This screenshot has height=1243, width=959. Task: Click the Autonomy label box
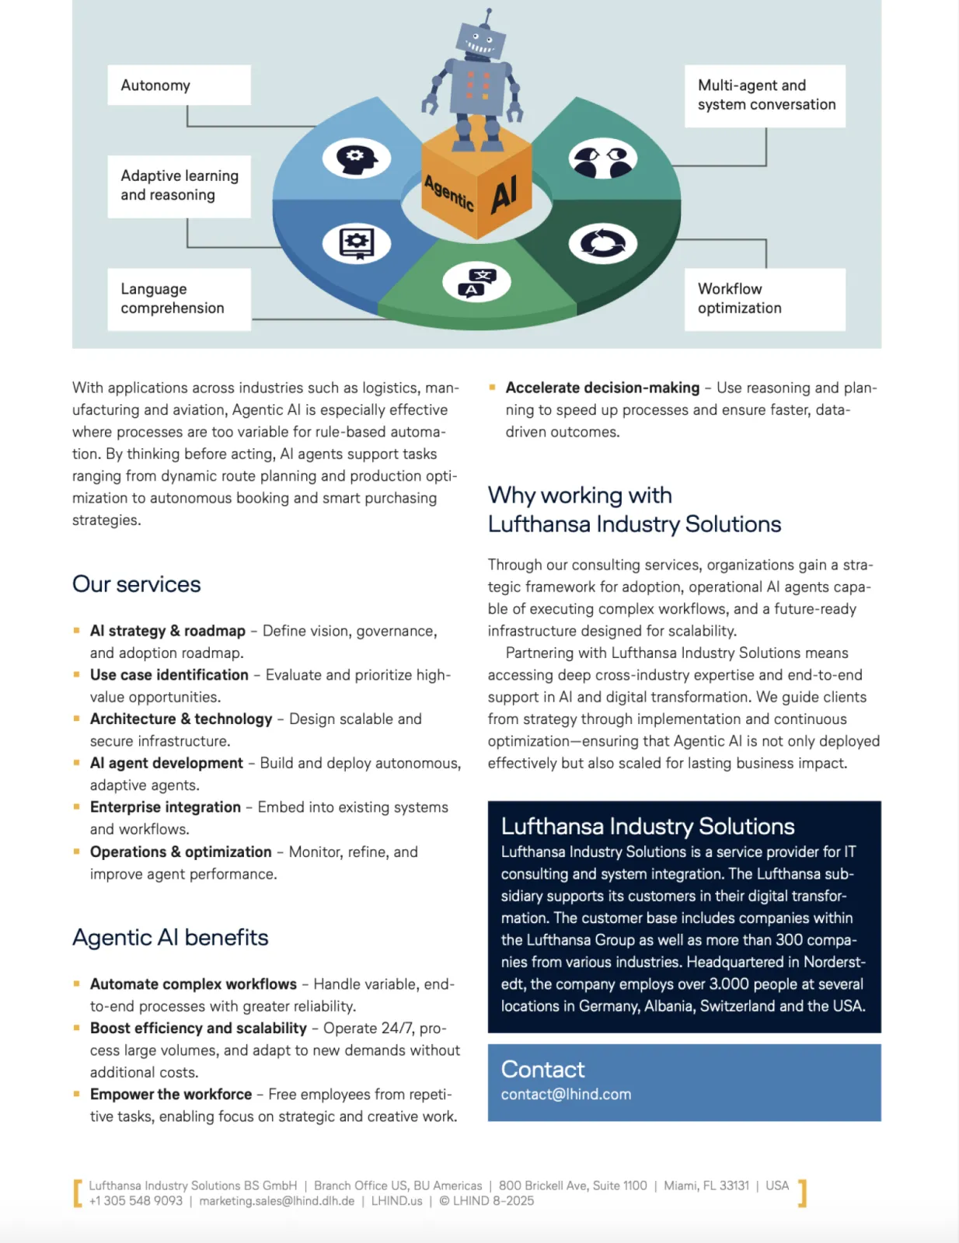click(x=179, y=85)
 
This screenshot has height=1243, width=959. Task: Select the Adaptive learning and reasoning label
click(x=179, y=186)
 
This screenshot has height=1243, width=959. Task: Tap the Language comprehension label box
click(x=179, y=299)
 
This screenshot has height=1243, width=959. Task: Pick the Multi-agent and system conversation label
click(x=765, y=96)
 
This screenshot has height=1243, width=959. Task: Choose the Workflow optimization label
click(x=765, y=299)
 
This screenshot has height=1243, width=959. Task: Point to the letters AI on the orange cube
click(x=504, y=194)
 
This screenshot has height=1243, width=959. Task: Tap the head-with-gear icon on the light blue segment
click(x=357, y=158)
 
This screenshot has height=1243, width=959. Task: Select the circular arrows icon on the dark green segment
click(x=602, y=243)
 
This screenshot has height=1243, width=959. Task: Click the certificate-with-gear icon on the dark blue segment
click(x=357, y=243)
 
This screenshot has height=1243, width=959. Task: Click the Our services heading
click(x=137, y=584)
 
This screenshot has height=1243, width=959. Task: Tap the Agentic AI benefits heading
click(x=170, y=938)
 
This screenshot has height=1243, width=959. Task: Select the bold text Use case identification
click(x=169, y=675)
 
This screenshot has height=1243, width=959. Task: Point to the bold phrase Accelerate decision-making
click(x=602, y=388)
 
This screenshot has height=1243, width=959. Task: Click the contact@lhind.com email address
click(x=566, y=1095)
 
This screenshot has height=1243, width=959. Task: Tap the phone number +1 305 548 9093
click(x=136, y=1201)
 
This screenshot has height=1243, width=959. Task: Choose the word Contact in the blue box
click(x=542, y=1070)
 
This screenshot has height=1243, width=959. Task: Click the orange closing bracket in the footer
click(x=803, y=1193)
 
